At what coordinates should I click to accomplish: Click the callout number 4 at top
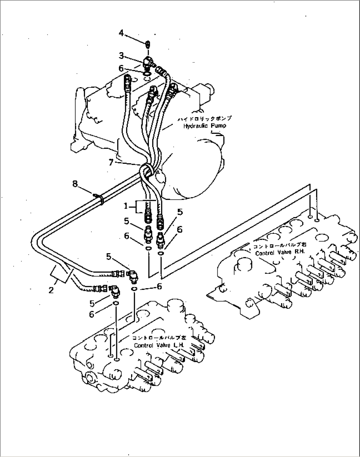click(x=121, y=33)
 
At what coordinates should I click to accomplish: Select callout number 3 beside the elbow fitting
click(x=121, y=55)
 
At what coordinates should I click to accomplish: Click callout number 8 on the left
click(x=75, y=184)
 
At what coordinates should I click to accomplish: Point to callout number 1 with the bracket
click(x=126, y=206)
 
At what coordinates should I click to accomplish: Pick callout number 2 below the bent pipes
click(x=51, y=290)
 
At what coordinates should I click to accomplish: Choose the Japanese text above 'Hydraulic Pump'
click(x=205, y=119)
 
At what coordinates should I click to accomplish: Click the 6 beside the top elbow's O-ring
click(x=121, y=68)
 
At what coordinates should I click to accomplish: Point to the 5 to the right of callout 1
click(x=180, y=212)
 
